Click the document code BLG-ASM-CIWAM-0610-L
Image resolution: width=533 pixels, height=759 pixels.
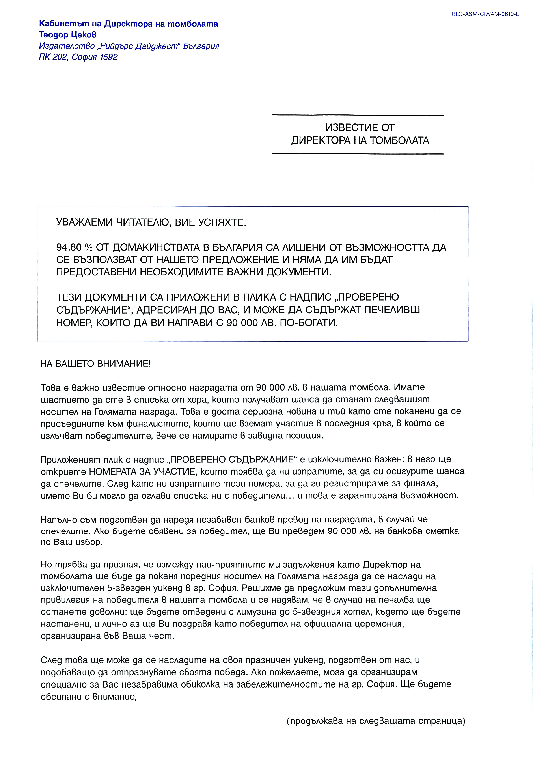485,14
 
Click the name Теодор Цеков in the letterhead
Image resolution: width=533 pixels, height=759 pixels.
68,35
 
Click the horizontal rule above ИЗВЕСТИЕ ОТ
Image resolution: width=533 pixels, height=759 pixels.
358,115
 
